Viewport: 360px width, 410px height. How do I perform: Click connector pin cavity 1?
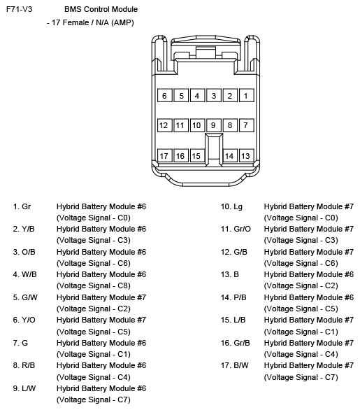245,95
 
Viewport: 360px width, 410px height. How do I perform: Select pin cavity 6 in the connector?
164,95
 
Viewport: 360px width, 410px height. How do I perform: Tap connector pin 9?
213,125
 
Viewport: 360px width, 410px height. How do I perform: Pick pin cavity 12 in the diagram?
164,125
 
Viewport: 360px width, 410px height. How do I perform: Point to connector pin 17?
164,155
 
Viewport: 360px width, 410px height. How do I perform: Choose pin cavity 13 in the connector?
245,155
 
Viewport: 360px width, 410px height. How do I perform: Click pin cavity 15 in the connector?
196,155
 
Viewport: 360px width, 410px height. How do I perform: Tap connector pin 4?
197,95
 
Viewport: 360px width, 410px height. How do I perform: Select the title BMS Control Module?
101,10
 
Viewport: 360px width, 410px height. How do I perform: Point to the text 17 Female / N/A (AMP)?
91,22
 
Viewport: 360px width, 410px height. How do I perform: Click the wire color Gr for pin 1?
27,206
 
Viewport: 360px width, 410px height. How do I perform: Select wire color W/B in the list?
29,274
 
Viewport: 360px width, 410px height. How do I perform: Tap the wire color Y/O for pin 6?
29,320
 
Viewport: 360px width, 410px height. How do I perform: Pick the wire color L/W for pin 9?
29,388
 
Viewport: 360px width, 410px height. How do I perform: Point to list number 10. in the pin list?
226,206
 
